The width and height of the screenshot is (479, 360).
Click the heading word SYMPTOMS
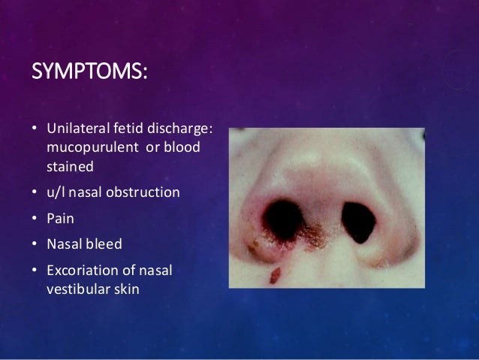click(89, 74)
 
